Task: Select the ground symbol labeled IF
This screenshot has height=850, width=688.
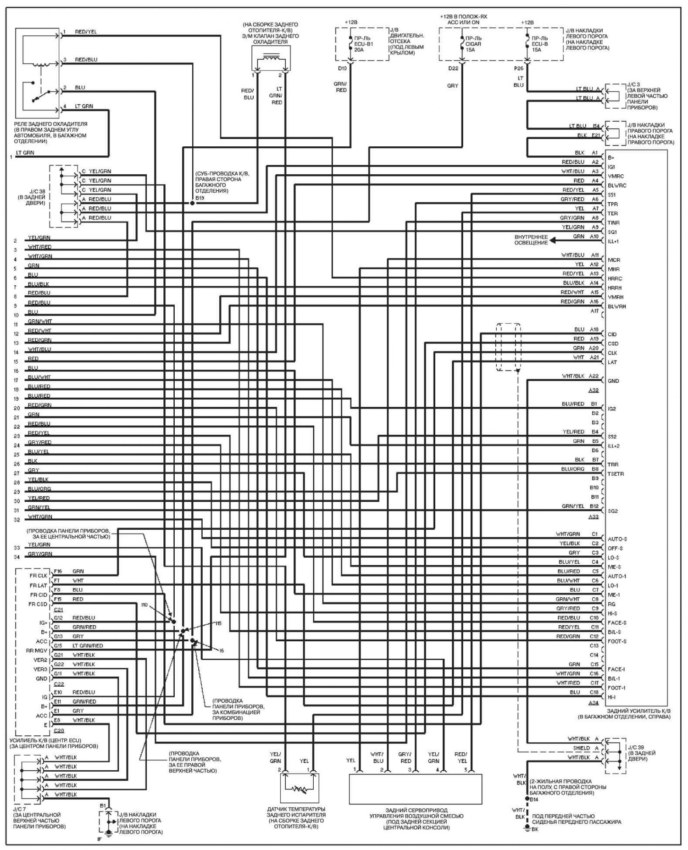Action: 108,833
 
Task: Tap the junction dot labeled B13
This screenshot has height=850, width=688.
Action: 192,202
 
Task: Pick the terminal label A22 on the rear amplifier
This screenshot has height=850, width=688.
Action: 594,376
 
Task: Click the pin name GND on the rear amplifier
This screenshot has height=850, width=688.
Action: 613,381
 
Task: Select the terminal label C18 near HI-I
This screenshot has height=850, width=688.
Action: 594,692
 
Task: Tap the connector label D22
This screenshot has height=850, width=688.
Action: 454,69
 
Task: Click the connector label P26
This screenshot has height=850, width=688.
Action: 519,69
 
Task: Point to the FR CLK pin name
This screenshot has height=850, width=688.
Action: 39,575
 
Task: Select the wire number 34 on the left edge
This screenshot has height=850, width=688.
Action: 17,557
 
